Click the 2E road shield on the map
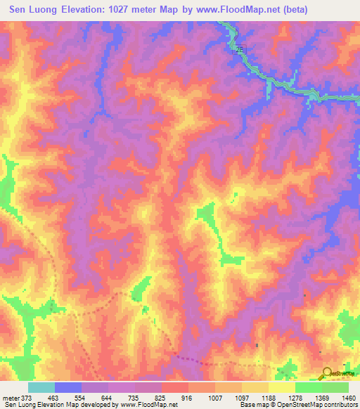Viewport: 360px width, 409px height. pyautogui.click(x=240, y=48)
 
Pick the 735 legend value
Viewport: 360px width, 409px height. pyautogui.click(x=140, y=398)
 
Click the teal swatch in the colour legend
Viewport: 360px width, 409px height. pyautogui.click(x=41, y=387)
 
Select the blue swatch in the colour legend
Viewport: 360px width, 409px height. pyautogui.click(x=67, y=387)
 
